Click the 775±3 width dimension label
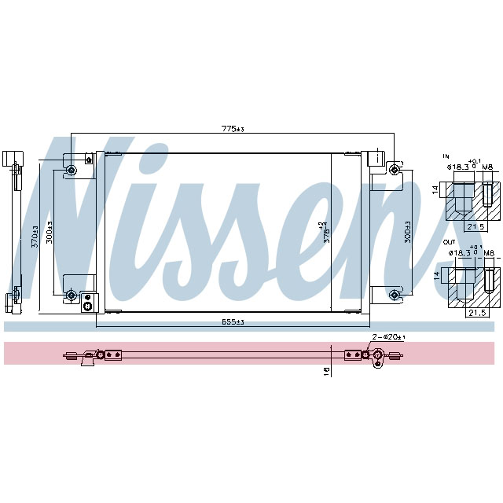(x=233, y=128)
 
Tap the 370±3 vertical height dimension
(x=34, y=238)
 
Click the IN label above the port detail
(x=445, y=156)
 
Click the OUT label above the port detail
(x=448, y=241)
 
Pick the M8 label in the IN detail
(x=487, y=167)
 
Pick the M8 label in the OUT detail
(x=487, y=253)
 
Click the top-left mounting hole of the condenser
(x=72, y=171)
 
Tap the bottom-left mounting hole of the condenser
(x=72, y=295)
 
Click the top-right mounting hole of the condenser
(x=394, y=171)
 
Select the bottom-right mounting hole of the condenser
(x=394, y=295)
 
